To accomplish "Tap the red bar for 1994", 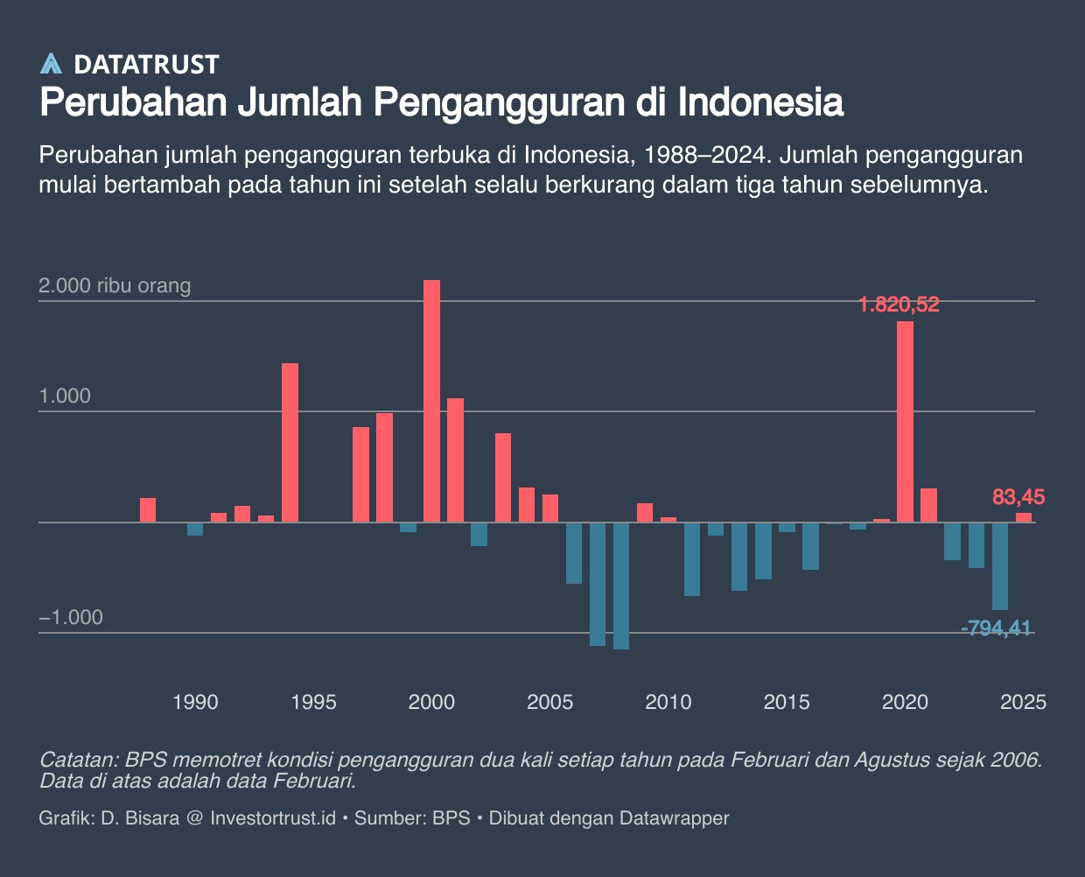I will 290,442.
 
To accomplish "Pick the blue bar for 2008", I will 621,586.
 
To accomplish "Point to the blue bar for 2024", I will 999,565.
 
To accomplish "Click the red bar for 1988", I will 148,510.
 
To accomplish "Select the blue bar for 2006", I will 574,552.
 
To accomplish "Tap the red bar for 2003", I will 502,478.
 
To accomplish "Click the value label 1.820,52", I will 899,305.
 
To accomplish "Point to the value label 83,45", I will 1018,497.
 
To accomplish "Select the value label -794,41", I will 996,628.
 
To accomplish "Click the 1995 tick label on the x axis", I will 313,702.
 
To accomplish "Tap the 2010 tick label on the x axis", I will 668,702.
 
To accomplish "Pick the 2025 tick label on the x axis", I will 1023,702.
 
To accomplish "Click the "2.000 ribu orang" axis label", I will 115,285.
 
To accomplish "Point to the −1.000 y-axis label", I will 71,617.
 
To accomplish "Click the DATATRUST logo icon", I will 52,64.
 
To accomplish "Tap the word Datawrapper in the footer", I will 674,818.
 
